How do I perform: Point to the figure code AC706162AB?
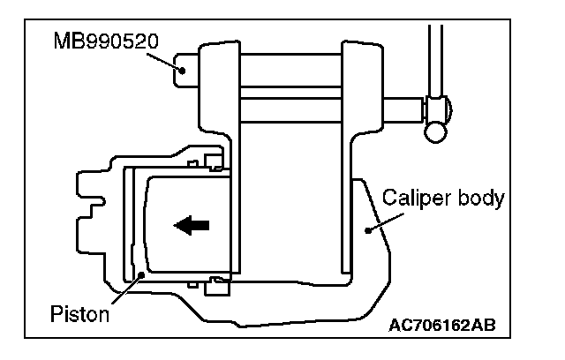pyautogui.click(x=441, y=325)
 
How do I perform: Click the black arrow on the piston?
pyautogui.click(x=192, y=226)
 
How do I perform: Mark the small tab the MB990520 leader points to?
pyautogui.click(x=185, y=68)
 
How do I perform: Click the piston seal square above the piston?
pyautogui.click(x=212, y=161)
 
